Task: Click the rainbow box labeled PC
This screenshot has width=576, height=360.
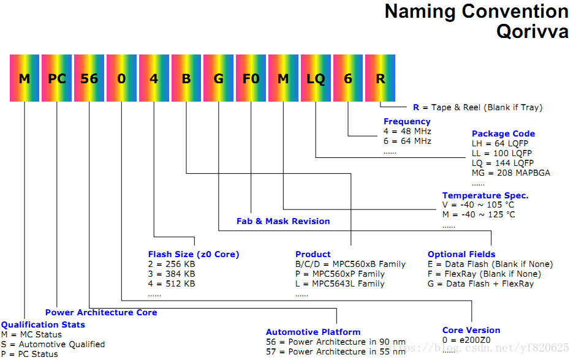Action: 56,78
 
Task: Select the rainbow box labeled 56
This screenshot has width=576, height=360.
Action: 89,78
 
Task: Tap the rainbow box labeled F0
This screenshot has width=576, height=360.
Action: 251,78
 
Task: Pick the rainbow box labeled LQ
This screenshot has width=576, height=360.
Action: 316,78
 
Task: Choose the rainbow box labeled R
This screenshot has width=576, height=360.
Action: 381,78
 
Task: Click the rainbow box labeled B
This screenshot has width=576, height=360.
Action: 186,78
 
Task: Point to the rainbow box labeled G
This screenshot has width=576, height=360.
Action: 218,78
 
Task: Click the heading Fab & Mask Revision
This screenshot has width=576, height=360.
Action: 283,221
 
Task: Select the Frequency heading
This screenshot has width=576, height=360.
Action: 407,122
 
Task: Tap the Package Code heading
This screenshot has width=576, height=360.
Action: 503,133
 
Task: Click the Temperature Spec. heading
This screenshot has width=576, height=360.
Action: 485,196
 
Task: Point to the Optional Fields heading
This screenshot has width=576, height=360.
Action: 461,254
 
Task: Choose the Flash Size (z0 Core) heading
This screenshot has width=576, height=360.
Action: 194,254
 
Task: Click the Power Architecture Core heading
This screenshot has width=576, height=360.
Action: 101,312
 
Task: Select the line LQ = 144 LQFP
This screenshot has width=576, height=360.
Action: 502,163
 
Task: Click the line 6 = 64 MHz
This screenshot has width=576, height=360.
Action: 407,141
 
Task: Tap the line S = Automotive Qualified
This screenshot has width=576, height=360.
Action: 53,344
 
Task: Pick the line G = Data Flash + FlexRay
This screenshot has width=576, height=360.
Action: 480,283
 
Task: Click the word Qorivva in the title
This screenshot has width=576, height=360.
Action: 532,31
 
